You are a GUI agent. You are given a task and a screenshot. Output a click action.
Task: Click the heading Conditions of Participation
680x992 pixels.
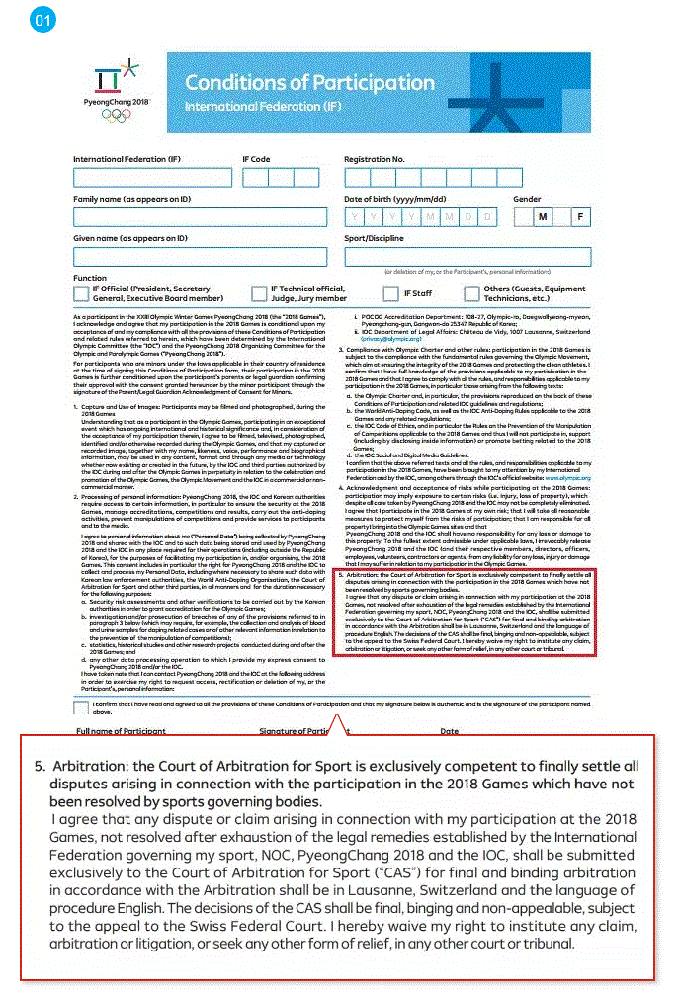[309, 83]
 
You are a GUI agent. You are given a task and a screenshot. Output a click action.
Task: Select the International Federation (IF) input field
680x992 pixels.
[152, 178]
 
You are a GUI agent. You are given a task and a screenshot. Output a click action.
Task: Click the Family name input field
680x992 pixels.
[200, 217]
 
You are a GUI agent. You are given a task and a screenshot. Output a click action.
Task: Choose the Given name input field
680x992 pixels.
[200, 257]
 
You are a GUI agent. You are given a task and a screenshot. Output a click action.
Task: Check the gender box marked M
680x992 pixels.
[541, 217]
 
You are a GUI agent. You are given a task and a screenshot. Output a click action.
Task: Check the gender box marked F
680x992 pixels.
[579, 217]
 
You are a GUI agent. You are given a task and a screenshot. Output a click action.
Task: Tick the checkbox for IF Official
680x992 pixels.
[81, 293]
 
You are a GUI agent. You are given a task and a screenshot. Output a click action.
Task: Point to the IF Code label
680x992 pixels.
[256, 159]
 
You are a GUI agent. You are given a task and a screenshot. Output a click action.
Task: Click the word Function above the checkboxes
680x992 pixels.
[90, 278]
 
